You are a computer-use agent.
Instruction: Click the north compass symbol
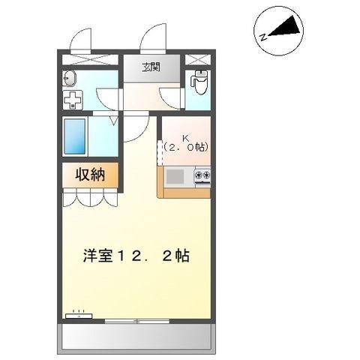[280, 30]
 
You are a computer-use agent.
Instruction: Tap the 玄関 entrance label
[151, 67]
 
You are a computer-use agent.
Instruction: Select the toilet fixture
[199, 80]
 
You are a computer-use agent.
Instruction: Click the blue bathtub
[76, 136]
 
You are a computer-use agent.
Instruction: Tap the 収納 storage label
[89, 175]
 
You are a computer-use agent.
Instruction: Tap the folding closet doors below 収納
[90, 198]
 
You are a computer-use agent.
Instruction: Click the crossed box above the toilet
[199, 59]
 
